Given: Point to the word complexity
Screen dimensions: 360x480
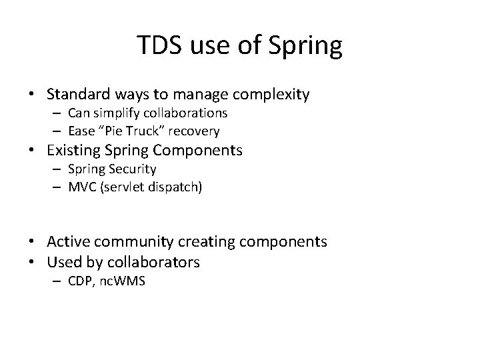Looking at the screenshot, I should (x=274, y=95).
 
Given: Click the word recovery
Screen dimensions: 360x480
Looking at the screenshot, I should (x=196, y=130).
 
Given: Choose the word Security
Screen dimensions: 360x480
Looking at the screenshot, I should (x=133, y=169).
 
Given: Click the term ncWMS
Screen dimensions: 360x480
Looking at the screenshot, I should (x=122, y=281).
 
